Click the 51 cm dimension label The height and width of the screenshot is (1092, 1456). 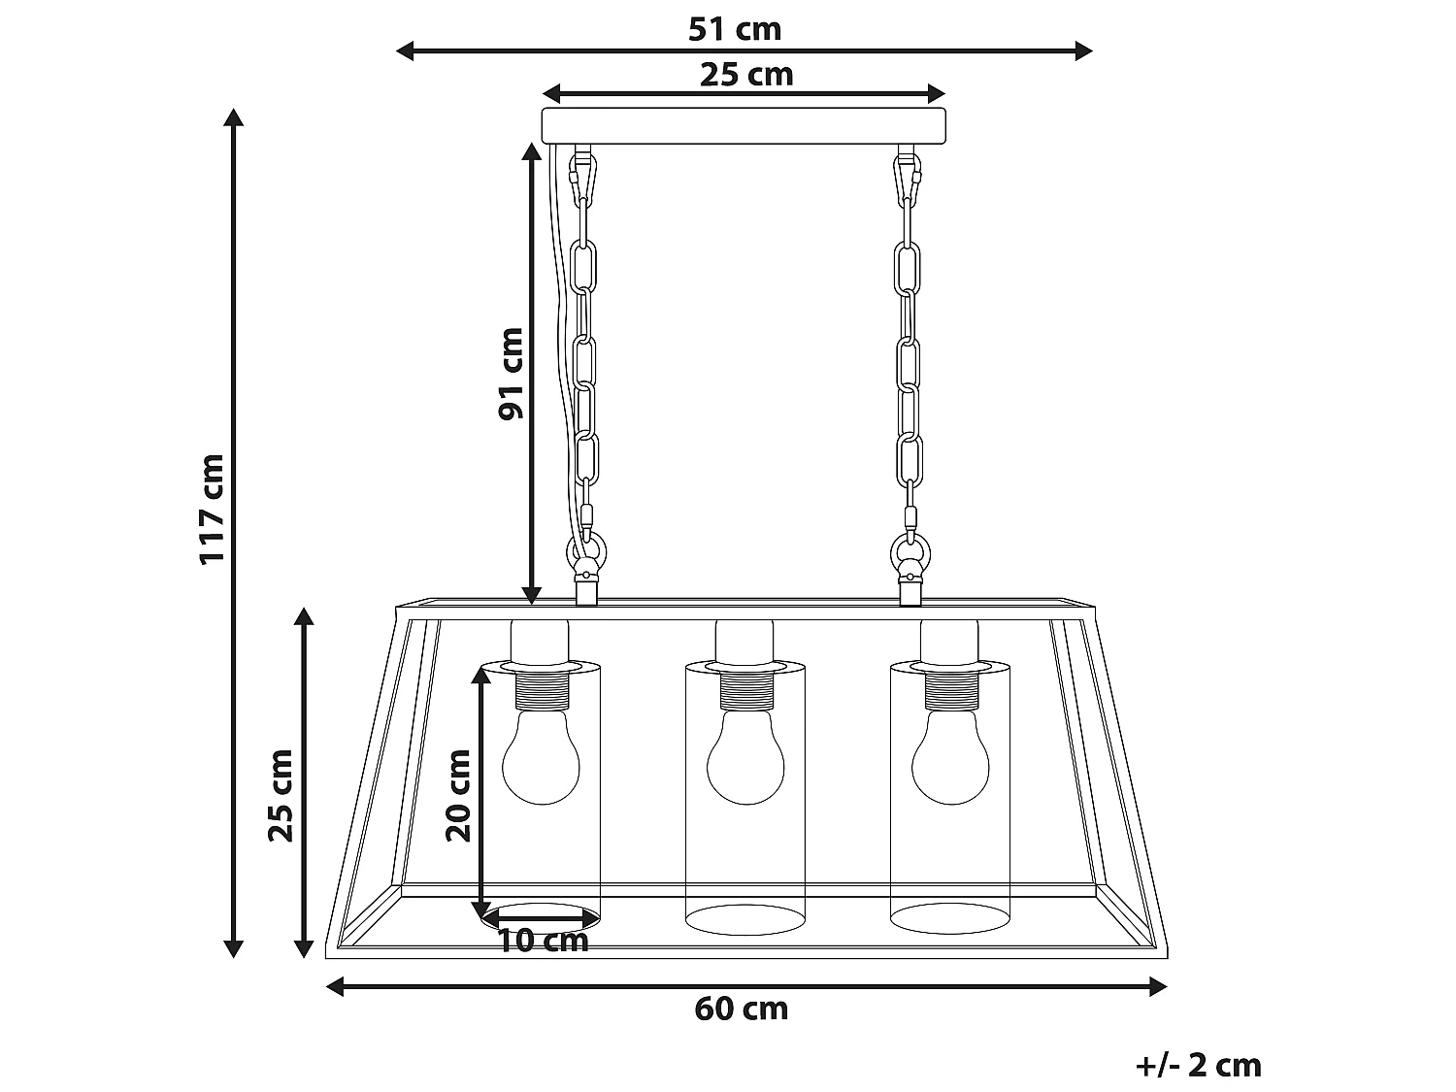(735, 29)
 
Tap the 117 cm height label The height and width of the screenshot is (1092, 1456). (212, 508)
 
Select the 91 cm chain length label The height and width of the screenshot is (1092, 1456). (511, 373)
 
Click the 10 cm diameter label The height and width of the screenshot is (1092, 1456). (543, 940)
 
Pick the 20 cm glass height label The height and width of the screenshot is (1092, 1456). (457, 795)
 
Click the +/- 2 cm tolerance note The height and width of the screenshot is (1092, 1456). (1198, 1066)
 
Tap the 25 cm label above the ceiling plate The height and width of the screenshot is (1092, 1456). (745, 73)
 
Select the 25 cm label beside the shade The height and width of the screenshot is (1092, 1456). (281, 795)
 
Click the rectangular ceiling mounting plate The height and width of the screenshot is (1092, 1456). (744, 125)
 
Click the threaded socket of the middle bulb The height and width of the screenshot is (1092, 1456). (745, 688)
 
